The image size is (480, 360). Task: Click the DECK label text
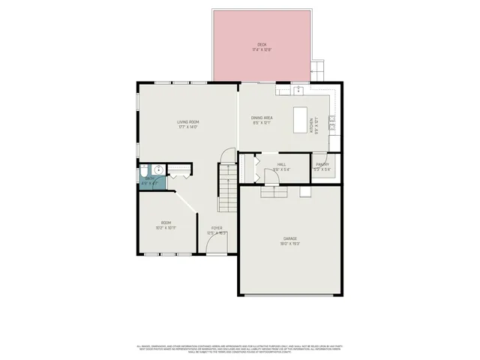click(x=262, y=45)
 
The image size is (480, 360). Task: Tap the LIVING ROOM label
click(x=187, y=121)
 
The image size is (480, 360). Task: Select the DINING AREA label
click(x=261, y=118)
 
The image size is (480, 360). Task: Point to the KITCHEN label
click(x=311, y=124)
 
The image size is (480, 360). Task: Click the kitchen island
click(x=301, y=118)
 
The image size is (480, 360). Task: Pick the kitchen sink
click(x=298, y=90)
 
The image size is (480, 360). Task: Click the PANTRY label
click(x=322, y=164)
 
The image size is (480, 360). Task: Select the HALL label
click(x=281, y=164)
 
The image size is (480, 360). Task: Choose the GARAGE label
click(x=289, y=238)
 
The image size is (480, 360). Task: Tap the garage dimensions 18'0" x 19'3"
click(x=289, y=244)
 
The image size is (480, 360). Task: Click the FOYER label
click(x=216, y=228)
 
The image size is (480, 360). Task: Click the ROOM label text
click(x=166, y=223)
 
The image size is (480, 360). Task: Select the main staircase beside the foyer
click(x=228, y=187)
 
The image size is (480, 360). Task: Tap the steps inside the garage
click(x=274, y=191)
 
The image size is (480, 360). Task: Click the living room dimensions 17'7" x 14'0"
click(x=187, y=127)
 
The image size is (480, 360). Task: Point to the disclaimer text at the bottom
click(x=240, y=348)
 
